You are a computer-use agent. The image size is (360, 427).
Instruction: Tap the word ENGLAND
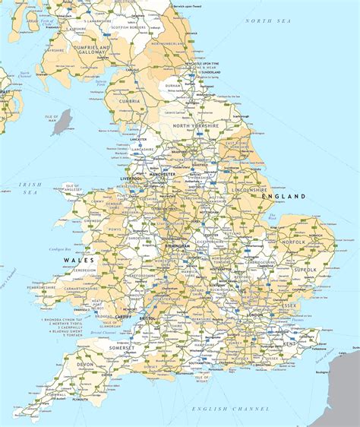tap(283, 196)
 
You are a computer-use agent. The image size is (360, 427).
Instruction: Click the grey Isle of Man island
tap(62, 122)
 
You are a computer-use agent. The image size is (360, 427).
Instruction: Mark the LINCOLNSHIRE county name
tap(250, 189)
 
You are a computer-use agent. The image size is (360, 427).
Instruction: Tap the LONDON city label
tap(254, 314)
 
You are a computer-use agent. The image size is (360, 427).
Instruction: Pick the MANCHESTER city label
tap(161, 174)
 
